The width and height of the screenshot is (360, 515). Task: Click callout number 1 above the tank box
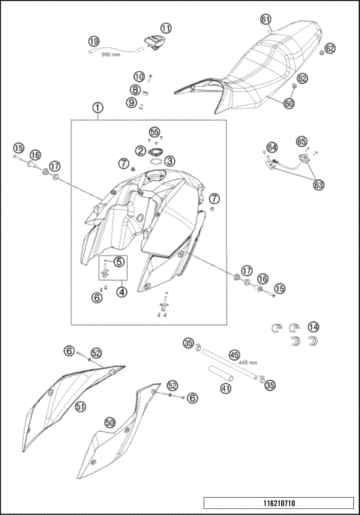click(x=97, y=107)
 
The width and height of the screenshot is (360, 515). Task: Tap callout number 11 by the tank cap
click(x=165, y=28)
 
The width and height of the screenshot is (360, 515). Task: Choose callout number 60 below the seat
click(x=289, y=103)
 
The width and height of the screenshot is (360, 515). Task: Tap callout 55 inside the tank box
click(x=154, y=132)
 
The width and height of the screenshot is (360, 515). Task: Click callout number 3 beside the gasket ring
click(x=170, y=160)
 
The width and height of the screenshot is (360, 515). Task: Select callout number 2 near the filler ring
click(x=140, y=151)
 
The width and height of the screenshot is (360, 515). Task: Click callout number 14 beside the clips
click(x=313, y=326)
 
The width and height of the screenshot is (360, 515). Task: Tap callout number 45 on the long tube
click(x=234, y=355)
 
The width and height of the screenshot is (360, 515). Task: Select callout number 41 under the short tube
click(x=226, y=388)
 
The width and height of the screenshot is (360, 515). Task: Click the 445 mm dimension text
click(x=238, y=362)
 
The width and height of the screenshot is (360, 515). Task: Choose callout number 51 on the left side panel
click(x=80, y=406)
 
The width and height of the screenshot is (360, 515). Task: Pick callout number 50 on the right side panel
click(x=109, y=423)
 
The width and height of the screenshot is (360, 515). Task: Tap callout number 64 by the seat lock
click(x=271, y=148)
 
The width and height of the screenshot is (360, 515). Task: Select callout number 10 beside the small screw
click(x=139, y=76)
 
